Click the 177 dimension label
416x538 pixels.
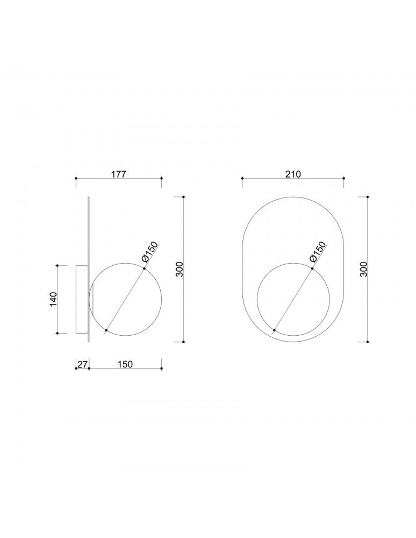(x=118, y=174)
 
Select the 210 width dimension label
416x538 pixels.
(x=293, y=174)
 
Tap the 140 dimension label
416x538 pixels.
(x=53, y=299)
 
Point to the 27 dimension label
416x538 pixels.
(x=82, y=364)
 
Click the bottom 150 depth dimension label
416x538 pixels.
(x=125, y=364)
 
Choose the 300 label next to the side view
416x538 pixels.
(x=180, y=269)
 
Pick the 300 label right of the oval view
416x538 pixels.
(x=364, y=269)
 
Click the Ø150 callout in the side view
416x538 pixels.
(x=150, y=253)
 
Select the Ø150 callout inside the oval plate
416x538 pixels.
(x=318, y=252)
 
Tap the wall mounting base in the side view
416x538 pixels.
(x=81, y=299)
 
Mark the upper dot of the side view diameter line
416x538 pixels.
(x=144, y=268)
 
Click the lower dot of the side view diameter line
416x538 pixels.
(x=106, y=329)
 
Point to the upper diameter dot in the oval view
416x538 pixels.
(x=312, y=268)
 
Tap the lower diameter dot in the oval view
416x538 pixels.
(x=274, y=329)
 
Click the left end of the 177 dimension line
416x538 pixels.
(x=76, y=178)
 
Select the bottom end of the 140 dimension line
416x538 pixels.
(x=57, y=333)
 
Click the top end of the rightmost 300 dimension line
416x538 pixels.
(x=368, y=197)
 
